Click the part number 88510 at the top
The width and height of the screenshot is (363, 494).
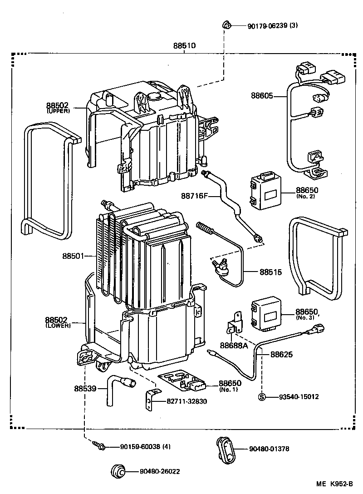click(x=184, y=46)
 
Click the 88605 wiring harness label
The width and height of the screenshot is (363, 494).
click(x=263, y=96)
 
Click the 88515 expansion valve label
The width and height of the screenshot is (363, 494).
click(x=271, y=272)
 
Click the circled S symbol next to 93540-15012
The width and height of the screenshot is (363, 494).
click(x=262, y=397)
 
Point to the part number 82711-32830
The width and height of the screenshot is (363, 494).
click(x=187, y=401)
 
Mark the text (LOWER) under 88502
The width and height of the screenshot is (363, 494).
click(x=58, y=326)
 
